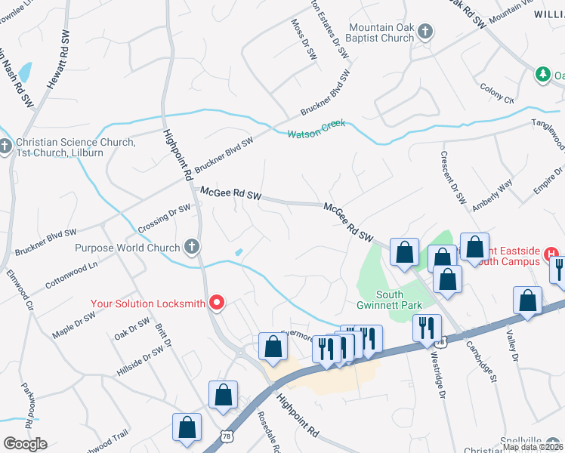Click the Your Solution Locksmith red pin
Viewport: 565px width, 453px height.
click(217, 304)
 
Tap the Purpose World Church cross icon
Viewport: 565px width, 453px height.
click(193, 247)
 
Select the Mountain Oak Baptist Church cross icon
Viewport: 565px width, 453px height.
click(425, 32)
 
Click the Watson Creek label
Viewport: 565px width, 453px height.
click(316, 128)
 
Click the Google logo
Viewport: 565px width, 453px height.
click(25, 443)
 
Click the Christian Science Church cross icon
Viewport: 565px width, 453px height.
click(6, 146)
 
